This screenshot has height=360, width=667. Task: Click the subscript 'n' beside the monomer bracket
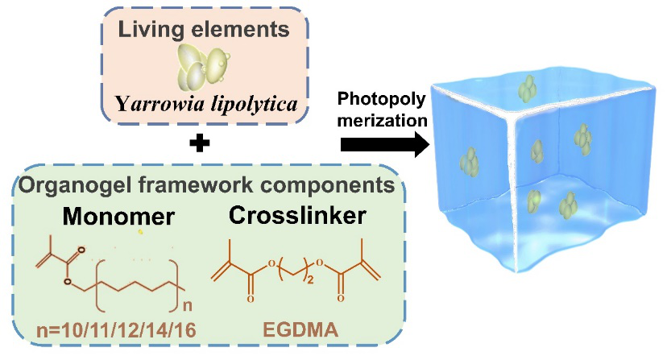coord(186,304)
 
